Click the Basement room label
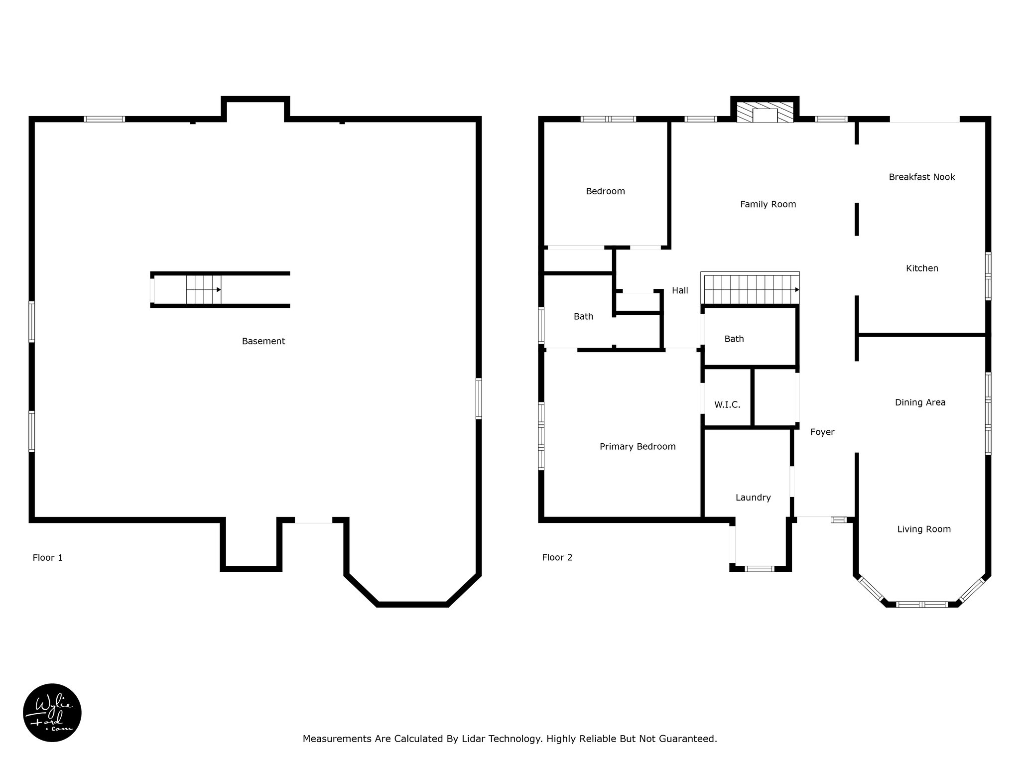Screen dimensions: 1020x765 263,341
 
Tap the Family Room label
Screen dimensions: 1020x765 768,204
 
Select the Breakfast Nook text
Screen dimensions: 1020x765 922,177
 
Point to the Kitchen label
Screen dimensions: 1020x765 922,268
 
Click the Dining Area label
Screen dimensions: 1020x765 920,402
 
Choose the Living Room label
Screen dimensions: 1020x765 924,529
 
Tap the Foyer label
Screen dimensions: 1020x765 822,432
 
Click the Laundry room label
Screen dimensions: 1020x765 753,498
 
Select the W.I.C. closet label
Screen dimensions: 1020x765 727,405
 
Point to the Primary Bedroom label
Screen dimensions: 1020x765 637,447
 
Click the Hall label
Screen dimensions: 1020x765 680,290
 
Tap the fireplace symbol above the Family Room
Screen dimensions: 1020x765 765,113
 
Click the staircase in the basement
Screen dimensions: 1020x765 204,289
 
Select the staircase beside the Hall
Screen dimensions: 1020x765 750,289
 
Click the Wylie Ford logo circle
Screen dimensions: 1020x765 52,713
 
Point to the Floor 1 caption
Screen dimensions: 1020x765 48,558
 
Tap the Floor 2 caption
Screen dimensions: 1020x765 557,557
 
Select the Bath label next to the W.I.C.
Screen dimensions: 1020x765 734,339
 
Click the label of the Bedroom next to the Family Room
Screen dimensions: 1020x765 605,191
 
